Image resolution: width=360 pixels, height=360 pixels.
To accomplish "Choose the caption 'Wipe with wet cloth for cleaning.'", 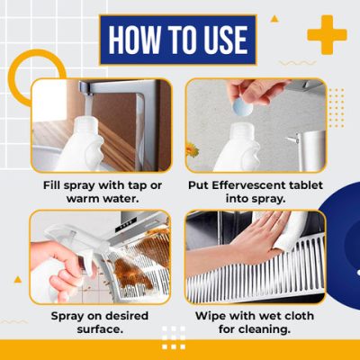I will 255,323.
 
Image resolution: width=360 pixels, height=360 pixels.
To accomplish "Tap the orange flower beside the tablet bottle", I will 192,150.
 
